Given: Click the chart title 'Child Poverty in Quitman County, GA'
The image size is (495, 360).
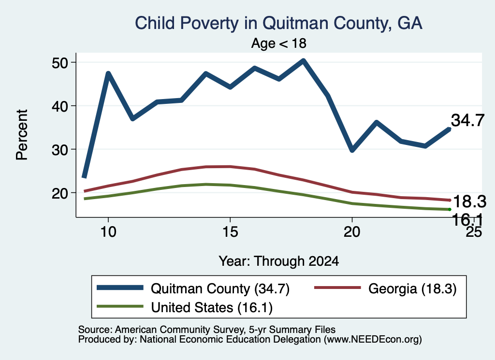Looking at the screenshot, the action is [278, 23].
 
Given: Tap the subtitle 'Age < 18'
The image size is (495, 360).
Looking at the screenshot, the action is [279, 43].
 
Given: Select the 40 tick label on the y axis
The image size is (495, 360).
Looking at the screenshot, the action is [60, 106].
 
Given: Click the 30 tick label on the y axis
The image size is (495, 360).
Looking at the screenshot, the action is [60, 149].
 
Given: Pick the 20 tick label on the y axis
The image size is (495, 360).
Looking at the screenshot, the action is [60, 193].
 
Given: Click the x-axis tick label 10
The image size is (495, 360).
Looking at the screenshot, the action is [108, 232].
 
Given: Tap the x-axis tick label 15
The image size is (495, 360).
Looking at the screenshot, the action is [230, 232].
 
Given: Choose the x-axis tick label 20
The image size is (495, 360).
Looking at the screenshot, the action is [352, 232].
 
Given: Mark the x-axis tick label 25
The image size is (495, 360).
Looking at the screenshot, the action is [474, 232].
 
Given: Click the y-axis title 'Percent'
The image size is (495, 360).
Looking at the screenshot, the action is [22, 135].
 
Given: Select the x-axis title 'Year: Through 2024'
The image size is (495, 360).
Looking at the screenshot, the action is [279, 261].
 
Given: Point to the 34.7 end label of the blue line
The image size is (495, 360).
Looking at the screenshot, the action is [467, 120].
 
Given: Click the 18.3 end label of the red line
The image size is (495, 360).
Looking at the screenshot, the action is [470, 202].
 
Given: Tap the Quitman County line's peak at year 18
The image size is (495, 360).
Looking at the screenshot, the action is [303, 60].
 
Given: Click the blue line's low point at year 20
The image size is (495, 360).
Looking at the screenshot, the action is [352, 149].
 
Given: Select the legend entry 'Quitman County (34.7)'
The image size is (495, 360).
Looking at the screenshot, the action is [193, 288].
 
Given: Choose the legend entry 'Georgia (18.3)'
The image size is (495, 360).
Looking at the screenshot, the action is [385, 288].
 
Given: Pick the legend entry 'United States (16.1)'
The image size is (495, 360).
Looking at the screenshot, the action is [185, 307].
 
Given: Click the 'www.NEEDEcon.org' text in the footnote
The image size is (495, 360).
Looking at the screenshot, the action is [372, 340].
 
